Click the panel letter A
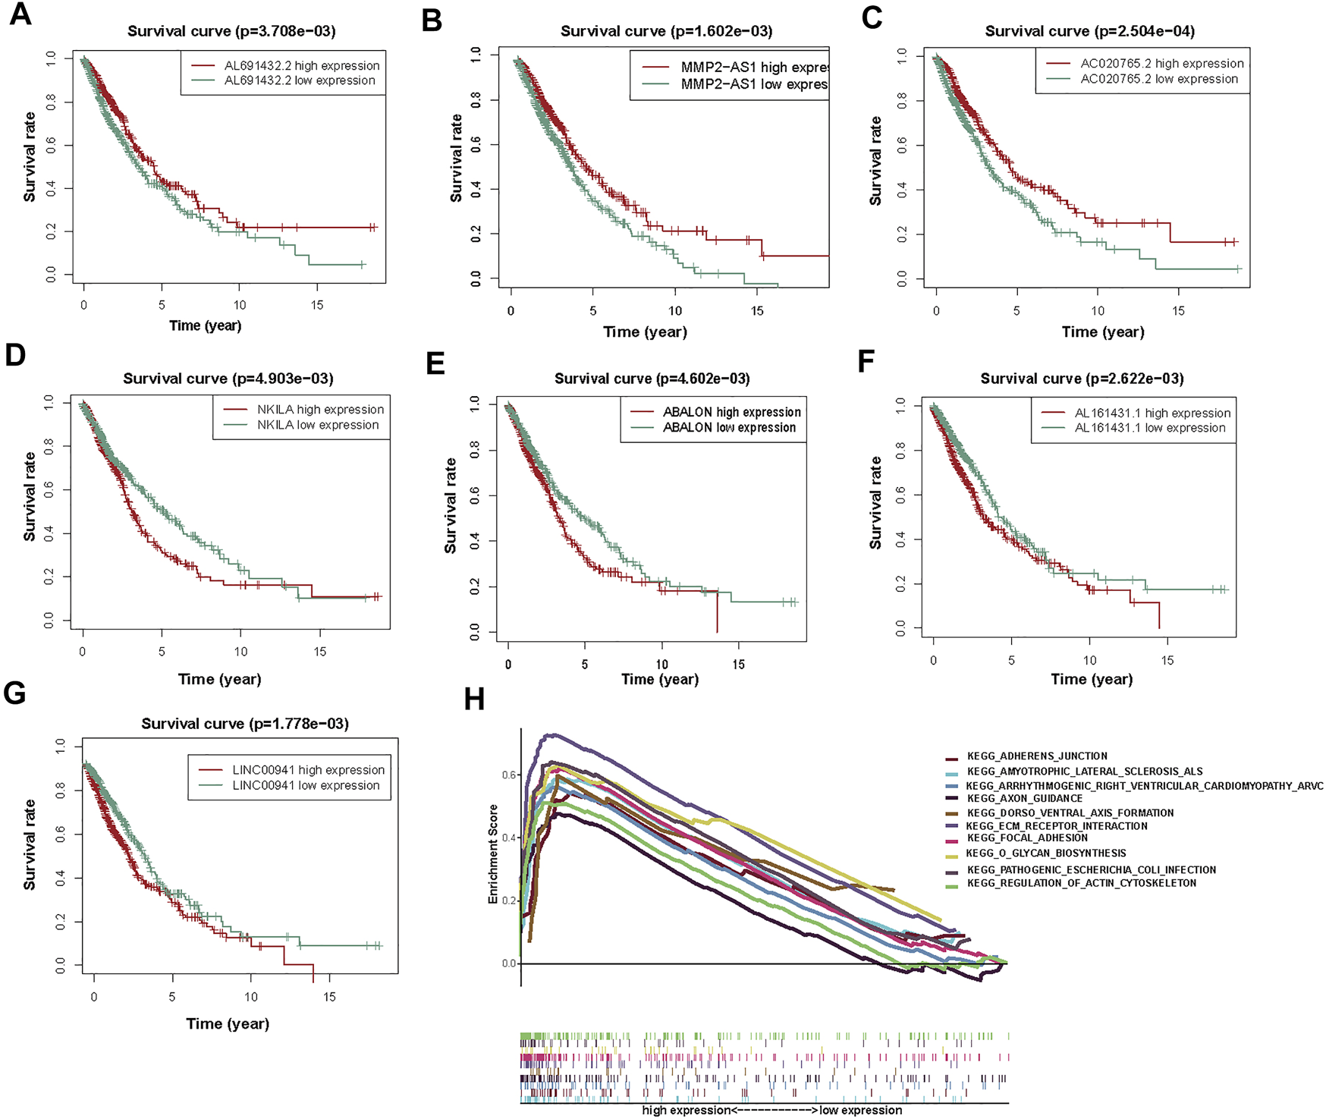20,14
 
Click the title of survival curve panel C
1089,31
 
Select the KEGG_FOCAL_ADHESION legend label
1027,838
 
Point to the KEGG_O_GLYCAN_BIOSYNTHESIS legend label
1046,853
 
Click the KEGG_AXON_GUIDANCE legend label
1025,798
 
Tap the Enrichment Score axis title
493,853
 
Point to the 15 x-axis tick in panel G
329,997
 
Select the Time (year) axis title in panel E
660,680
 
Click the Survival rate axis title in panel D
30,497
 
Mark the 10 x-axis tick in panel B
675,310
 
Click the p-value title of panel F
1082,379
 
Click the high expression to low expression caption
772,1111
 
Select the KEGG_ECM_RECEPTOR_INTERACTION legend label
1057,825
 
